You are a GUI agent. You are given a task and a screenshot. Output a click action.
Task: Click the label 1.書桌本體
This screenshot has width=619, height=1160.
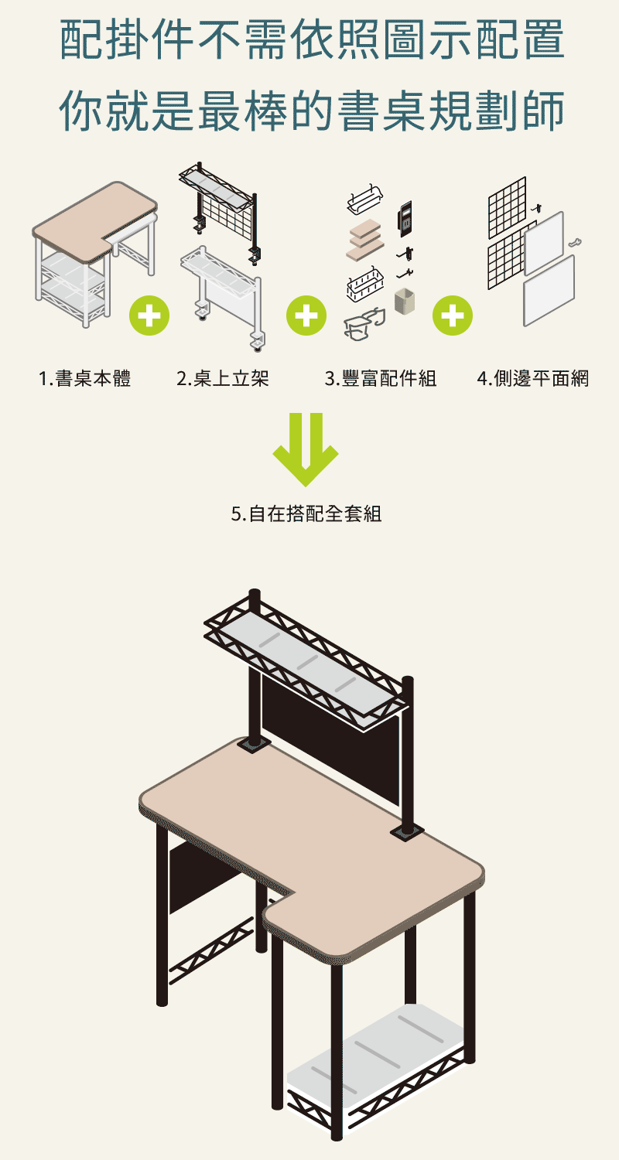pos(84,379)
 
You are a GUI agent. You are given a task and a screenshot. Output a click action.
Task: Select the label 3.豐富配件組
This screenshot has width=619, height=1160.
pos(380,379)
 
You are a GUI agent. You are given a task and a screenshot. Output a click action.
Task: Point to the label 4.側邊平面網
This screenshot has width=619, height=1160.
pos(532,379)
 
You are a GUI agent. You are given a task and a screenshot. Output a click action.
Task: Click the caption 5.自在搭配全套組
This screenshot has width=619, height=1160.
pos(306,513)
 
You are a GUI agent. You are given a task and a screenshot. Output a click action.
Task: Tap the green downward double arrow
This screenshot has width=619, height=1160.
pos(306,449)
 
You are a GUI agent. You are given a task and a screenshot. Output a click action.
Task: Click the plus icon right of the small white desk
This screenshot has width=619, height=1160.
pos(149,316)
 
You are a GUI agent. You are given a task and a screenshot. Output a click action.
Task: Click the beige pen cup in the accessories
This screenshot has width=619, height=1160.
pos(403,302)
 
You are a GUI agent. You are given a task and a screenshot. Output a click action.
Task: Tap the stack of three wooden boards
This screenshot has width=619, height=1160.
pos(365,239)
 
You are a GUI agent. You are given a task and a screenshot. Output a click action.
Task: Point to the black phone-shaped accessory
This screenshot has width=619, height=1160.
pos(403,217)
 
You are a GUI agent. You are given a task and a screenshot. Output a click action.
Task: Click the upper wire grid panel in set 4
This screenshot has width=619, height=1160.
pos(507,207)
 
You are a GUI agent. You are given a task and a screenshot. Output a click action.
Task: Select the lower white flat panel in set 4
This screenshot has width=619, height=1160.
pos(549,289)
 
